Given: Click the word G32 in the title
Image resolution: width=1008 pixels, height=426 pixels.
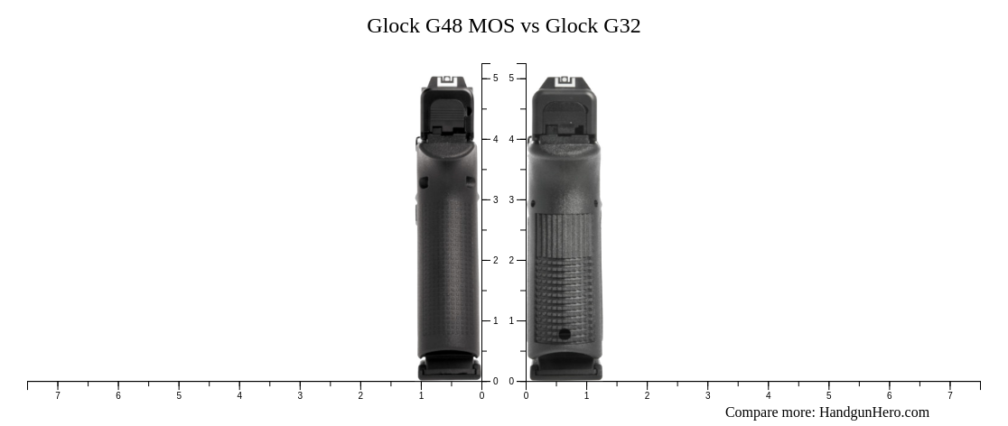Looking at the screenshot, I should tap(621, 26).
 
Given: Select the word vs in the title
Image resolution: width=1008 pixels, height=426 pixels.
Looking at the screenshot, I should tap(530, 26).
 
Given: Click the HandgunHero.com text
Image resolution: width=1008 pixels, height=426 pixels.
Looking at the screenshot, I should tap(873, 412).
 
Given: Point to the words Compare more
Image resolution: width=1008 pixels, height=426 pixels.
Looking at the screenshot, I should tap(770, 412).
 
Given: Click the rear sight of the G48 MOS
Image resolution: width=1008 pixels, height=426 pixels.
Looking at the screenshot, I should tap(447, 81).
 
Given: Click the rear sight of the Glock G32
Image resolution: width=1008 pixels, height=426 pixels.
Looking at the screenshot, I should tap(565, 81).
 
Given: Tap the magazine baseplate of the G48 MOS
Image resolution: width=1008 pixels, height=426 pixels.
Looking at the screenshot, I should tap(448, 370).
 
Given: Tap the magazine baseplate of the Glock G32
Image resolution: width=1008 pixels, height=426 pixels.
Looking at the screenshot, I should tap(565, 370).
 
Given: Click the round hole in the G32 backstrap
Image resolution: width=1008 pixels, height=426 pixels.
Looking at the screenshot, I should tap(565, 334).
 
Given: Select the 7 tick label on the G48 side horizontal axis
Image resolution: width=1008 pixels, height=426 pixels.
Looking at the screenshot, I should tap(58, 395).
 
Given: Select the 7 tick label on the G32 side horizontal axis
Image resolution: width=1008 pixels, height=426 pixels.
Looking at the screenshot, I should tap(949, 395).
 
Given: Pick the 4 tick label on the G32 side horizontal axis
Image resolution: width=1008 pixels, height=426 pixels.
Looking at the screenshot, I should tap(768, 395).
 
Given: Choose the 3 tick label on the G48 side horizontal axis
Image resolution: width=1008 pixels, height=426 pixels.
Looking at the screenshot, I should tap(300, 395).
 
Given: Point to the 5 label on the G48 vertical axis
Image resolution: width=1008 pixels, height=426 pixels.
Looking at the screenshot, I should tap(495, 79).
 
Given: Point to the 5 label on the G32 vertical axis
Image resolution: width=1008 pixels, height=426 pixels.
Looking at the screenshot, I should tap(511, 79).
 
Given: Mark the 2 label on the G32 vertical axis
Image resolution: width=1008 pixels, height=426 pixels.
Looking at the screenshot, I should tap(511, 260).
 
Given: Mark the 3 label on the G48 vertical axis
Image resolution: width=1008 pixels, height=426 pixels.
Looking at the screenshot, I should tap(495, 199).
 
